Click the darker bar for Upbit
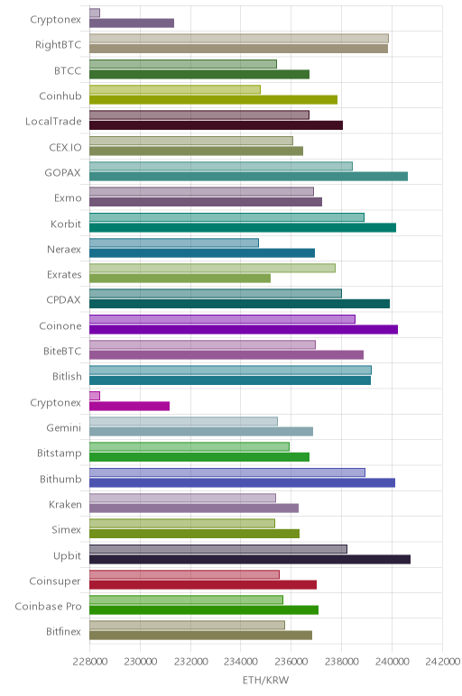point(250,559)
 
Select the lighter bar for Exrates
point(212,268)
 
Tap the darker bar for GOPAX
point(248,177)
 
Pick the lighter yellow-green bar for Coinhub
point(175,89)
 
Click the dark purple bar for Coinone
point(244,329)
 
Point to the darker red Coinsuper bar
point(203,584)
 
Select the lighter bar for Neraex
point(174,243)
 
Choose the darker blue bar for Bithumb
point(242,482)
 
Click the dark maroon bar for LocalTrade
point(216,125)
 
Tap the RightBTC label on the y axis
point(58,45)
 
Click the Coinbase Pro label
point(48,607)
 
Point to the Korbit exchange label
point(66,224)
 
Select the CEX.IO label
point(65,147)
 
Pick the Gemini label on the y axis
point(64,428)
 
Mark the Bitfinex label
point(63,632)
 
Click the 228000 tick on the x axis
point(89,662)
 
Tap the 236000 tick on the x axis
point(291,662)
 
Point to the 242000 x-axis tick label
point(442,662)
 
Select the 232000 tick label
point(190,662)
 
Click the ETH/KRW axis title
point(265,680)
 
